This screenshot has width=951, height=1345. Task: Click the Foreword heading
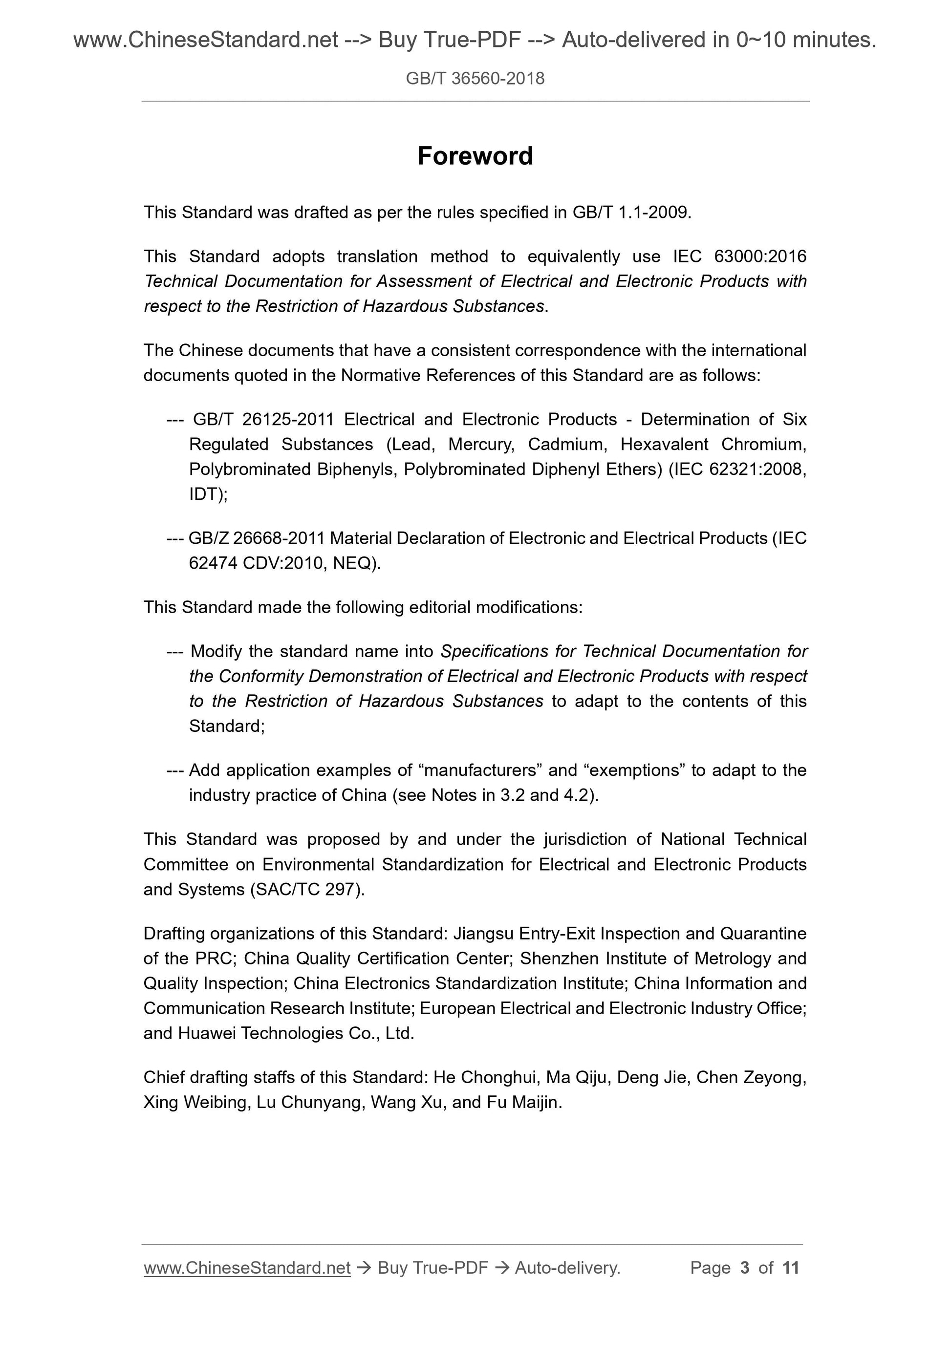tap(475, 156)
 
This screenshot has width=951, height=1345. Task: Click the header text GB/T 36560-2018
tap(475, 79)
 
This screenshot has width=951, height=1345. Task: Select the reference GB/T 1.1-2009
tap(631, 212)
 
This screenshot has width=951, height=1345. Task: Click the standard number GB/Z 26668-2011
tap(256, 538)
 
